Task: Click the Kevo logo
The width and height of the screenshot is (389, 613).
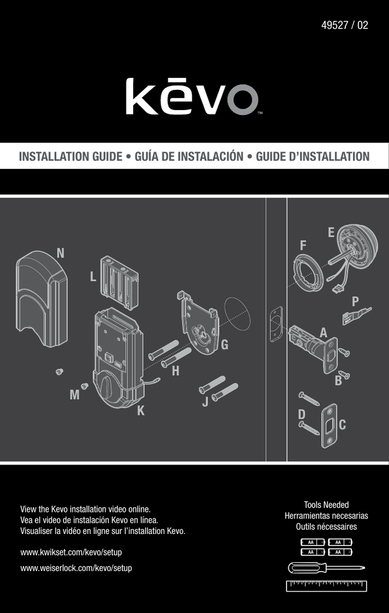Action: tap(192, 96)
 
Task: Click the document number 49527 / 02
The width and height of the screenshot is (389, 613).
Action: tap(345, 25)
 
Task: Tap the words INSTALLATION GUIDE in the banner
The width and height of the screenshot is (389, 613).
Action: tap(71, 156)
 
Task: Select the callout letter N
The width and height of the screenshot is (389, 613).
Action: tap(61, 253)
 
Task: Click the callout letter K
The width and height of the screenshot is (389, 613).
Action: tap(141, 411)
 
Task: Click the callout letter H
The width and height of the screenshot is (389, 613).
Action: tap(176, 371)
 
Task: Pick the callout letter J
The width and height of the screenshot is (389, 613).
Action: tap(206, 402)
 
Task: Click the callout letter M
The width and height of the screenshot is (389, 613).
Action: tap(74, 395)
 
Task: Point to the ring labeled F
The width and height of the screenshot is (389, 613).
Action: tap(308, 273)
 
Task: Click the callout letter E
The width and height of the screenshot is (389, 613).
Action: tap(331, 233)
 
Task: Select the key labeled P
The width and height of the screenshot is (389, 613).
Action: tap(357, 315)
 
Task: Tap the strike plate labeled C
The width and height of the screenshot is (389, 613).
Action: tap(329, 426)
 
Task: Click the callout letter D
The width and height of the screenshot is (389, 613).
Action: tap(301, 414)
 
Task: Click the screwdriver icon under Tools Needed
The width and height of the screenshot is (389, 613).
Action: tap(327, 568)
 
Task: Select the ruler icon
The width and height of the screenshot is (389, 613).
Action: tap(327, 586)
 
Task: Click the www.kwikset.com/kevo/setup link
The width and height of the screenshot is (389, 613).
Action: tap(71, 553)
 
